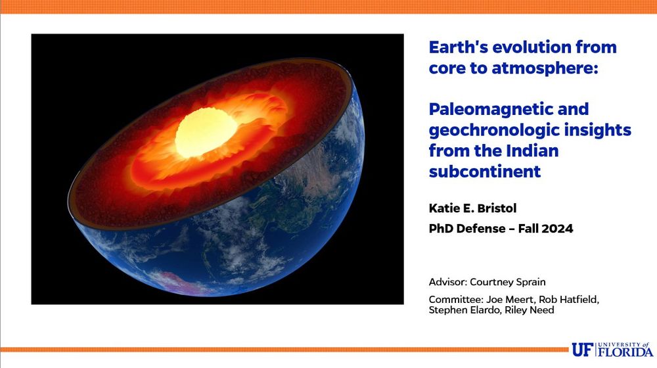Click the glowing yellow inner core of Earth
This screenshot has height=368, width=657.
(206, 133)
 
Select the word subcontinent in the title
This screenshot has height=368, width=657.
(485, 171)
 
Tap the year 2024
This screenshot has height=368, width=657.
(557, 229)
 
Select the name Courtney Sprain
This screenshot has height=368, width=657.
(507, 282)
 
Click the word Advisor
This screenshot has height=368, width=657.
(447, 282)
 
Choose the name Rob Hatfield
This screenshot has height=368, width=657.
(568, 300)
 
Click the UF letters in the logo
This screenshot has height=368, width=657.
(583, 350)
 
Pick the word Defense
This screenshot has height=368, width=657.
(481, 229)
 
